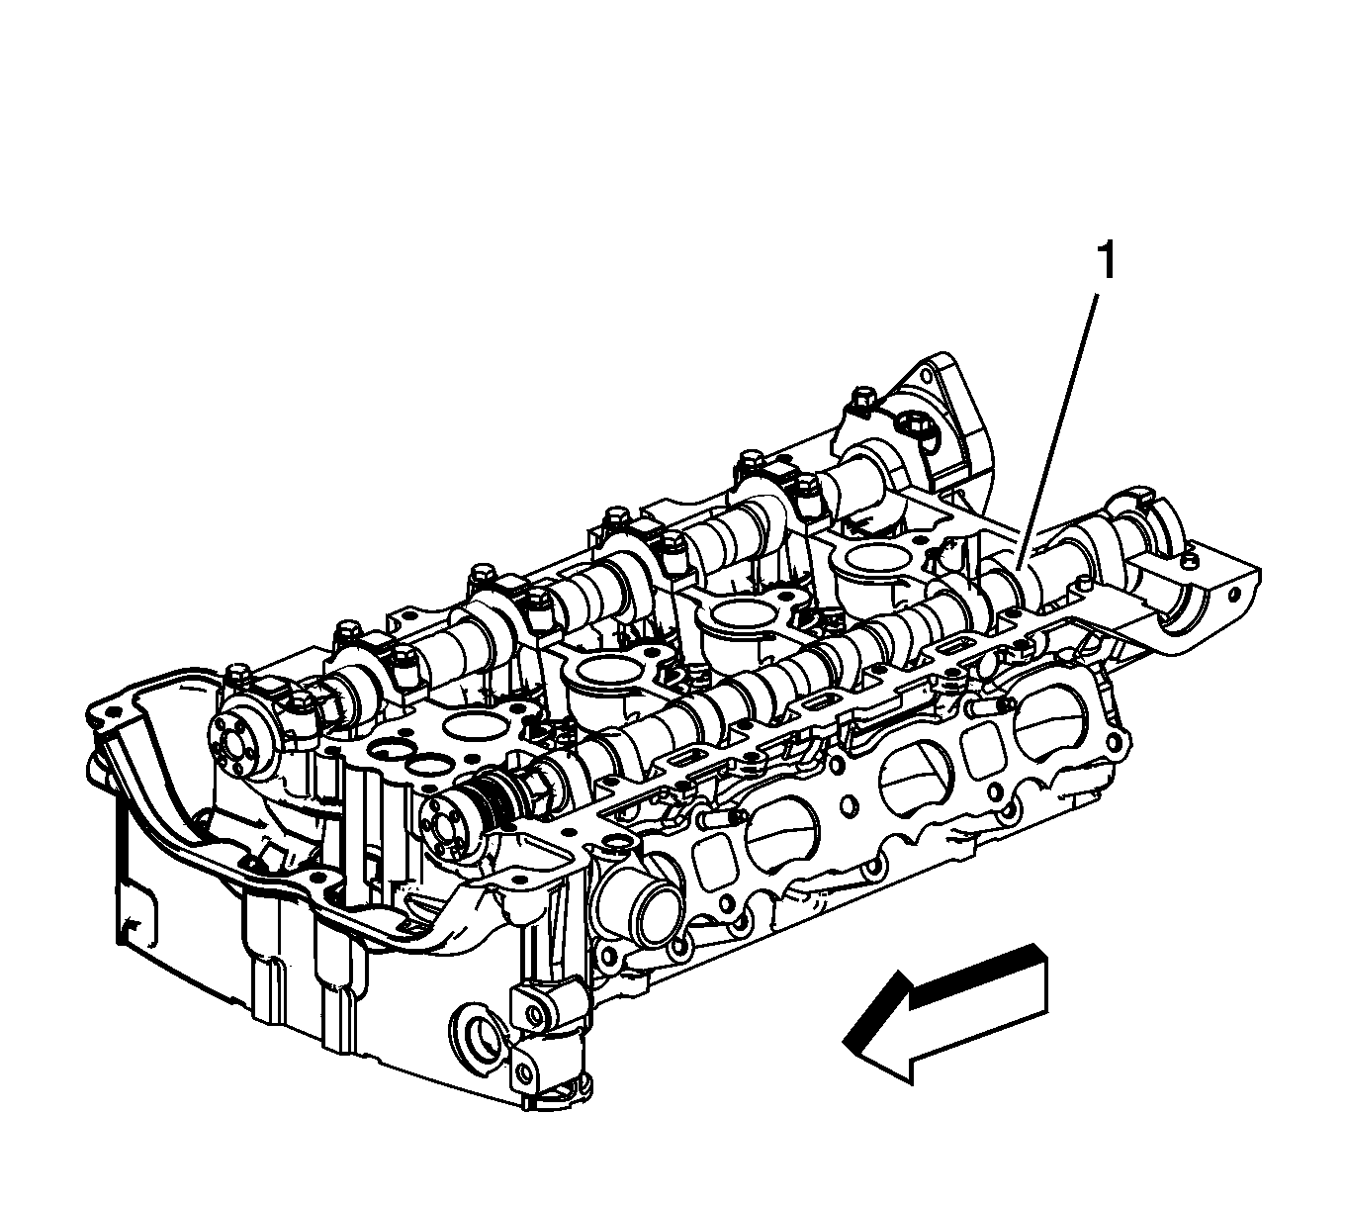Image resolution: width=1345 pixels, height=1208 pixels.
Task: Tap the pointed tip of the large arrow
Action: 844,1042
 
